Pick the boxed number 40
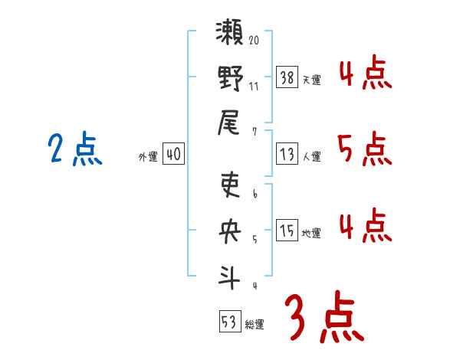tap(173, 154)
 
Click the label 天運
tap(311, 79)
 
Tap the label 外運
tap(147, 157)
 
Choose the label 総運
tap(255, 325)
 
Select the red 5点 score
tap(364, 149)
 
